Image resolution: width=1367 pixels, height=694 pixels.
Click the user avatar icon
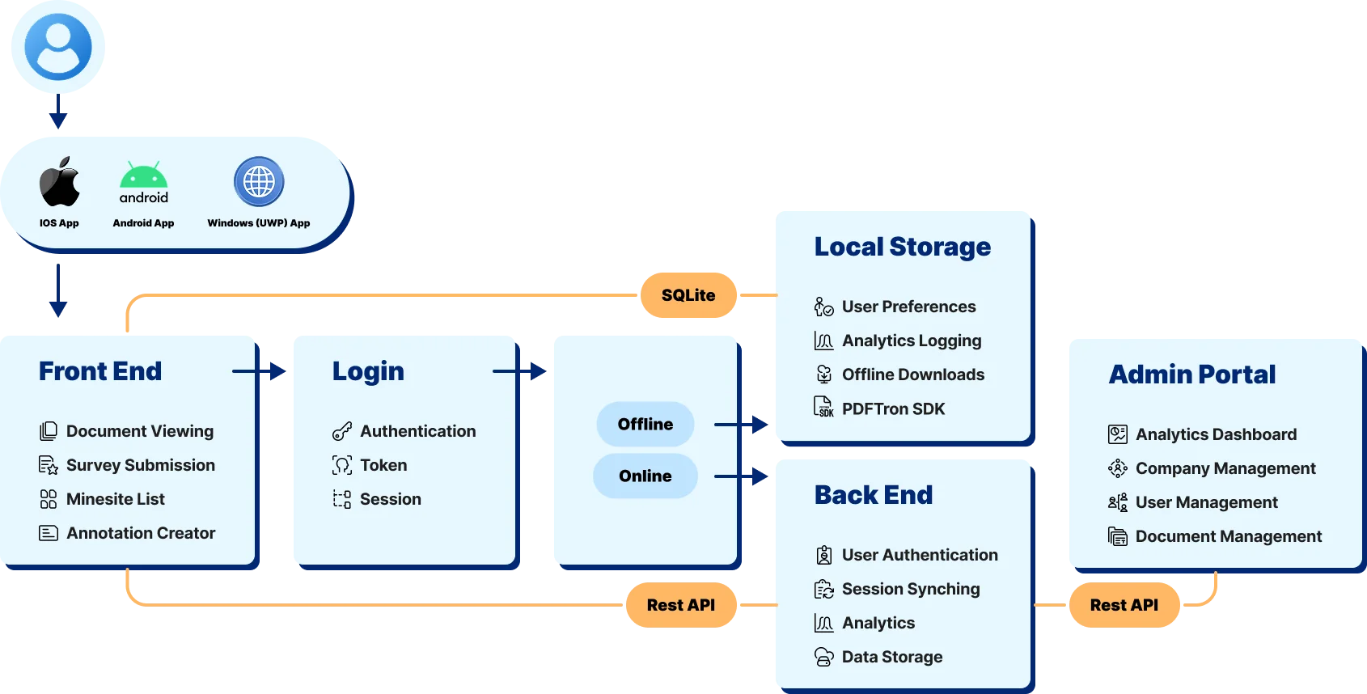coord(58,47)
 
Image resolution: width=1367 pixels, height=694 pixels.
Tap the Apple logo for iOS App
coord(60,182)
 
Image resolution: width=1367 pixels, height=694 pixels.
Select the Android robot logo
coord(144,176)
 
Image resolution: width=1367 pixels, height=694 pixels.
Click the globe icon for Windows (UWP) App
coord(259,181)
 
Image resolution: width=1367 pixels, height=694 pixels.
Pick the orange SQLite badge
coord(688,295)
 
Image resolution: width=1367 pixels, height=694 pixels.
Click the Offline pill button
coord(645,424)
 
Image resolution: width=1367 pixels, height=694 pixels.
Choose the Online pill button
coord(645,476)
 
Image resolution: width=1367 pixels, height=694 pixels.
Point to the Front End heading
coord(100,371)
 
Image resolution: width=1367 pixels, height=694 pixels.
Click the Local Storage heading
coord(902,247)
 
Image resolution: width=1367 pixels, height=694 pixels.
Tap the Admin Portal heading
coord(1191,375)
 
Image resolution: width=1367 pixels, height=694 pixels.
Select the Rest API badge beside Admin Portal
coord(1124,605)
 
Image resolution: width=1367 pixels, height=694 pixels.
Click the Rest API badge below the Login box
coord(681,605)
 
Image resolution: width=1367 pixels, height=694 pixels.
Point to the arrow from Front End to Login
coord(260,372)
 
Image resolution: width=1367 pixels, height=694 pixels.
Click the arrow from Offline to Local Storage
coord(742,424)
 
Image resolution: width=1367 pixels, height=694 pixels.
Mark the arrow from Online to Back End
coord(742,476)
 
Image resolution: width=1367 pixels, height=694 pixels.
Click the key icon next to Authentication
coord(342,431)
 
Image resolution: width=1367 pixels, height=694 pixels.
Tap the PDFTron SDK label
coord(893,408)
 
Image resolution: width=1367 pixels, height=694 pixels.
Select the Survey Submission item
coord(141,465)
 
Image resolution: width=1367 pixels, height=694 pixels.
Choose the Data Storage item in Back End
coord(891,657)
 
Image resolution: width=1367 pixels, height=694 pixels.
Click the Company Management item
coord(1225,468)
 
